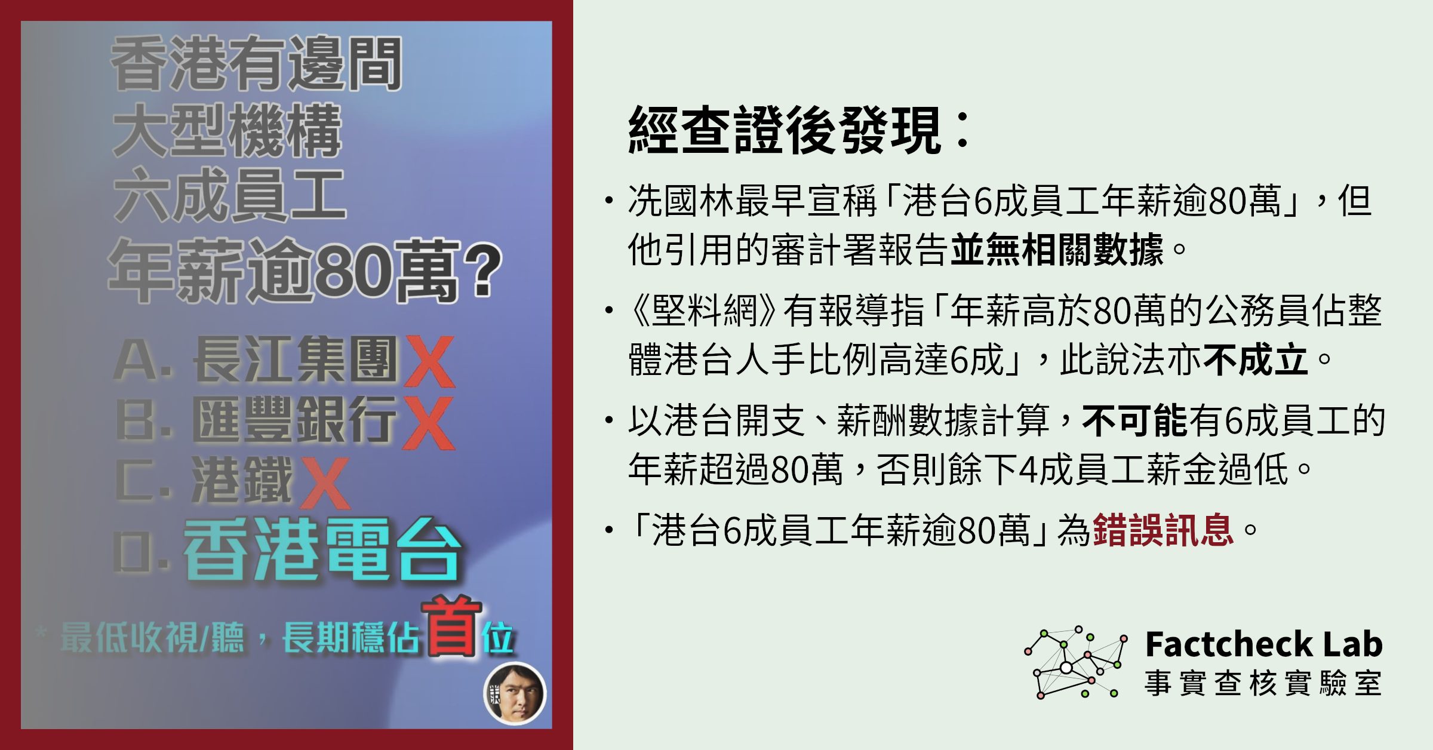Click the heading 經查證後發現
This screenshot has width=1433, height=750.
[x=786, y=130]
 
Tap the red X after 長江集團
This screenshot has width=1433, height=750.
[x=429, y=362]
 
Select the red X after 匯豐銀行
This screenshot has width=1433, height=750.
[x=429, y=423]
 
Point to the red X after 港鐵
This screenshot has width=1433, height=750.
[x=325, y=483]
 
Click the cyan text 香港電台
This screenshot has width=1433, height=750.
[x=322, y=549]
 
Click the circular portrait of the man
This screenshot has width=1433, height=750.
[x=515, y=694]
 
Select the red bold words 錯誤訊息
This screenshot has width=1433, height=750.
[x=1163, y=530]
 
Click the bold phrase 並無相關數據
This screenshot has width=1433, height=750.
[x=1056, y=249]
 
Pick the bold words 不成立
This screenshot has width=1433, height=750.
[x=1256, y=359]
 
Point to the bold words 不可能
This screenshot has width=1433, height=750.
[x=1135, y=420]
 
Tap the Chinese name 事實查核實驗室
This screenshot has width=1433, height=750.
[x=1263, y=683]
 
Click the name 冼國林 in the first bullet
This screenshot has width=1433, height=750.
[x=681, y=201]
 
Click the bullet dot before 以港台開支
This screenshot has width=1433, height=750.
[x=609, y=420]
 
